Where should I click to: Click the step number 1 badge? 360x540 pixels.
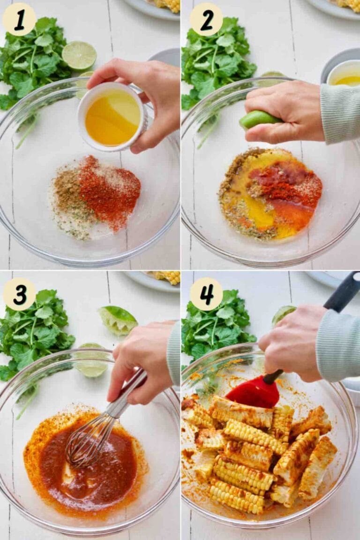click(x=19, y=19)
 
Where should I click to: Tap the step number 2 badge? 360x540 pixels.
click(x=206, y=19)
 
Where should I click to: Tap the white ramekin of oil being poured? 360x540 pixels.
click(x=112, y=117)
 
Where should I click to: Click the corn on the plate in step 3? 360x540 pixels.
click(x=168, y=278)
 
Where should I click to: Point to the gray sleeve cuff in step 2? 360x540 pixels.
click(x=340, y=113)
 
